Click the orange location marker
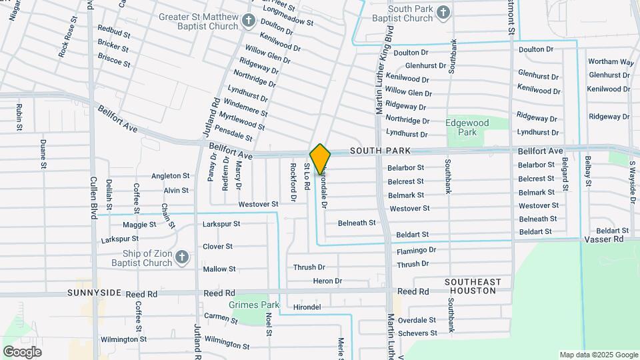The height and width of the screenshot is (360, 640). pyautogui.click(x=320, y=158)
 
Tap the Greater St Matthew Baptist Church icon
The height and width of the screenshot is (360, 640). pyautogui.click(x=248, y=21)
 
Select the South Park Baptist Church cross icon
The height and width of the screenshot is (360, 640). pyautogui.click(x=442, y=12)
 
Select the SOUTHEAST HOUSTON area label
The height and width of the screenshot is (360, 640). pyautogui.click(x=473, y=287)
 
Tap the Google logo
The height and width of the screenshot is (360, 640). pyautogui.click(x=21, y=352)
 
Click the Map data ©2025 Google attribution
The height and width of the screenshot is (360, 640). pyautogui.click(x=599, y=355)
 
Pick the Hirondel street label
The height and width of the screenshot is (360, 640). pyautogui.click(x=307, y=307)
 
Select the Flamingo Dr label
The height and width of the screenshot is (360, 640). pyautogui.click(x=416, y=251)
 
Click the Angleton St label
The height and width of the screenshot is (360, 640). pyautogui.click(x=170, y=176)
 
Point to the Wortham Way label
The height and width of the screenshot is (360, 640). pyautogui.click(x=611, y=62)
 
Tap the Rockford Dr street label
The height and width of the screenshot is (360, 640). pyautogui.click(x=293, y=181)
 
